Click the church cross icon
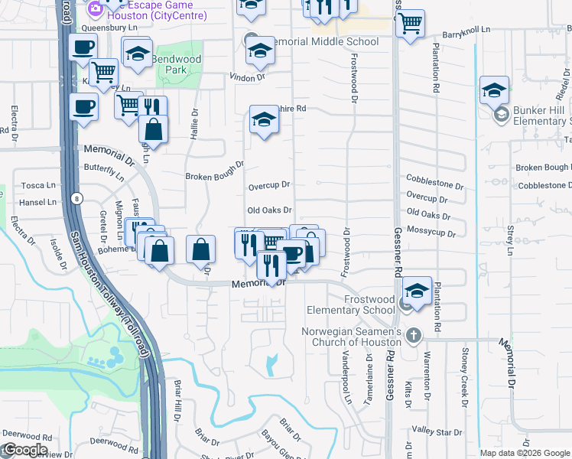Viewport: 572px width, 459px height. click(413, 335)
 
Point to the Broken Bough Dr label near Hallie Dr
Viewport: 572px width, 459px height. click(214, 171)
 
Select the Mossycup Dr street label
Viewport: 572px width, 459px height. click(431, 231)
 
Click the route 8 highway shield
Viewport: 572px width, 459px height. click(76, 199)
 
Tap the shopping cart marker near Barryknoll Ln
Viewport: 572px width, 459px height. click(411, 24)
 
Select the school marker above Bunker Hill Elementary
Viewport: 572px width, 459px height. click(494, 90)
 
